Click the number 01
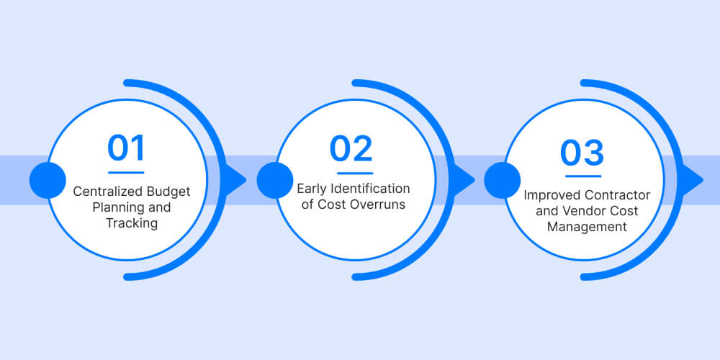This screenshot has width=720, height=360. (127, 148)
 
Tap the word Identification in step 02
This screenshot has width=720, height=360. (371, 189)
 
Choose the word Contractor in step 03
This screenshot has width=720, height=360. (616, 195)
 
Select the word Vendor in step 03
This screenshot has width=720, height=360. (590, 211)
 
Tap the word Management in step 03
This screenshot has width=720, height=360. (587, 227)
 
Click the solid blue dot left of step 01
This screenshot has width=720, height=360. (48, 180)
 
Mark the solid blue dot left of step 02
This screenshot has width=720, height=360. (275, 180)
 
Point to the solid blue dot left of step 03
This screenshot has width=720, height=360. (503, 180)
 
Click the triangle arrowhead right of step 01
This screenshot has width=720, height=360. (235, 180)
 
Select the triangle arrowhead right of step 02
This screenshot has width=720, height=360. (463, 180)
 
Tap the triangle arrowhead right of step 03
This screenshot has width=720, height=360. (690, 180)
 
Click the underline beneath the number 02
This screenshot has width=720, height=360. (354, 173)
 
